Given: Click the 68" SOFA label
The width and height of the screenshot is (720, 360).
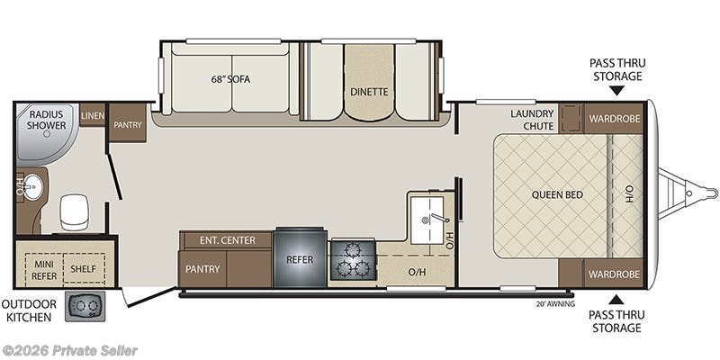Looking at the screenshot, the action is click(230, 79).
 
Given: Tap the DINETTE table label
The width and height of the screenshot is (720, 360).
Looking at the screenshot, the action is click(369, 92).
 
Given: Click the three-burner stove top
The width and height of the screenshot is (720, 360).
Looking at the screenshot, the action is click(353, 260).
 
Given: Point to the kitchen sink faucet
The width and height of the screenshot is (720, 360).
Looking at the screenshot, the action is click(438, 218).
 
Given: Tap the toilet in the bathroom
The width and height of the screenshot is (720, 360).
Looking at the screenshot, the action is click(74, 212).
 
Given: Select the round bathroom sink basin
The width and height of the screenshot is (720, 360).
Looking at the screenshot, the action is click(32, 186).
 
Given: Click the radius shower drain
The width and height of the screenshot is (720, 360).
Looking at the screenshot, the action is click(46, 134).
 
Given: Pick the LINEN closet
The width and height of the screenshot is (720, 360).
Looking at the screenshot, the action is click(93, 115).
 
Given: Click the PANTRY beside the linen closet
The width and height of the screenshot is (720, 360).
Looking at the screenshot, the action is click(128, 123).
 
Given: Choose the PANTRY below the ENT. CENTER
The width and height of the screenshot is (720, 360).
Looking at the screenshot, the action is click(202, 269).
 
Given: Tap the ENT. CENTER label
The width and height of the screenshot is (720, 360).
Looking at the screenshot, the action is click(228, 240).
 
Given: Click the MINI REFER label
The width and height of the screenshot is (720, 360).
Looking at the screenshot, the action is click(45, 271).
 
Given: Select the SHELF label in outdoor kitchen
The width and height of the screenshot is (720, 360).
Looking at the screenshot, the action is click(83, 269).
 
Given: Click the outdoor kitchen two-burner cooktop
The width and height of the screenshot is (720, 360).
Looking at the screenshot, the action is click(85, 306).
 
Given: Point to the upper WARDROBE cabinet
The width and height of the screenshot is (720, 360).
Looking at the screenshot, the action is click(615, 119).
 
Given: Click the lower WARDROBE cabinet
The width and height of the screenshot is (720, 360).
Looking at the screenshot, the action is click(615, 274).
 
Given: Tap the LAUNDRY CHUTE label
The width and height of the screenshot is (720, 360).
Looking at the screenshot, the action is click(532, 120).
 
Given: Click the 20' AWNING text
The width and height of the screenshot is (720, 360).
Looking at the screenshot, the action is click(556, 303).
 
